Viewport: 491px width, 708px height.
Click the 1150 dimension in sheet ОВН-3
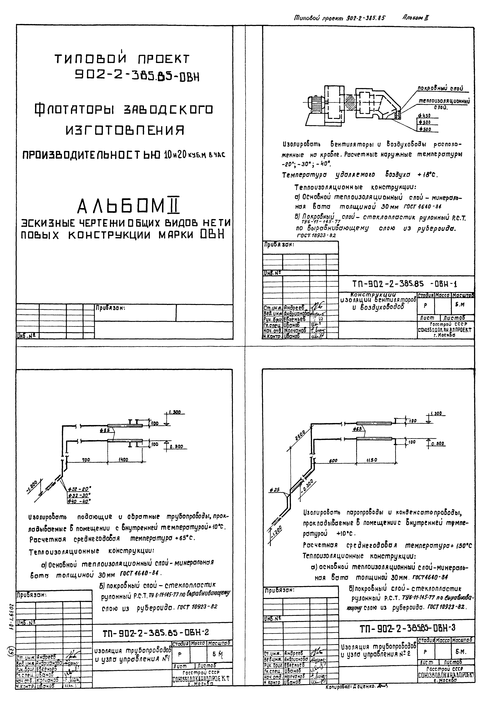pyautogui.click(x=372, y=460)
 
